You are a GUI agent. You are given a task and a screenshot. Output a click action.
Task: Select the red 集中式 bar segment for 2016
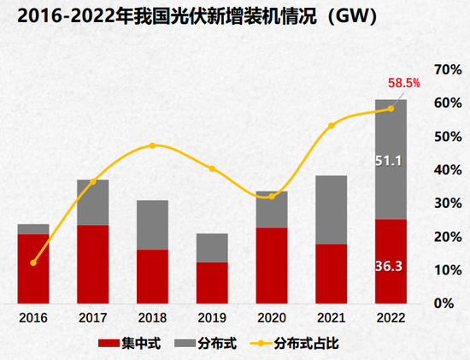tap(32, 268)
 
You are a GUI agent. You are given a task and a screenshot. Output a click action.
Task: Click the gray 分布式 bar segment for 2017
tap(92, 203)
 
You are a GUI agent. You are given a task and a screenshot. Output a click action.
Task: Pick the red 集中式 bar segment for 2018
tap(152, 275)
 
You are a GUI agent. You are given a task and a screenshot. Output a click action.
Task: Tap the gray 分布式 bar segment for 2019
tap(212, 248)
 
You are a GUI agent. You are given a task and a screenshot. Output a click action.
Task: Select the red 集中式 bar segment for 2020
tap(272, 264)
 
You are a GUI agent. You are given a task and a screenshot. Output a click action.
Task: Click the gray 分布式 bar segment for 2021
tap(332, 210)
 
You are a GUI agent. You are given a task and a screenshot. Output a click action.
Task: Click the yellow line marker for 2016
tap(32, 263)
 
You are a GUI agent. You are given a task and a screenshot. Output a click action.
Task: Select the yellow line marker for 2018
tap(152, 145)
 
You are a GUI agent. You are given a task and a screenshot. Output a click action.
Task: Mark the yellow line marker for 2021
tap(332, 126)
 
